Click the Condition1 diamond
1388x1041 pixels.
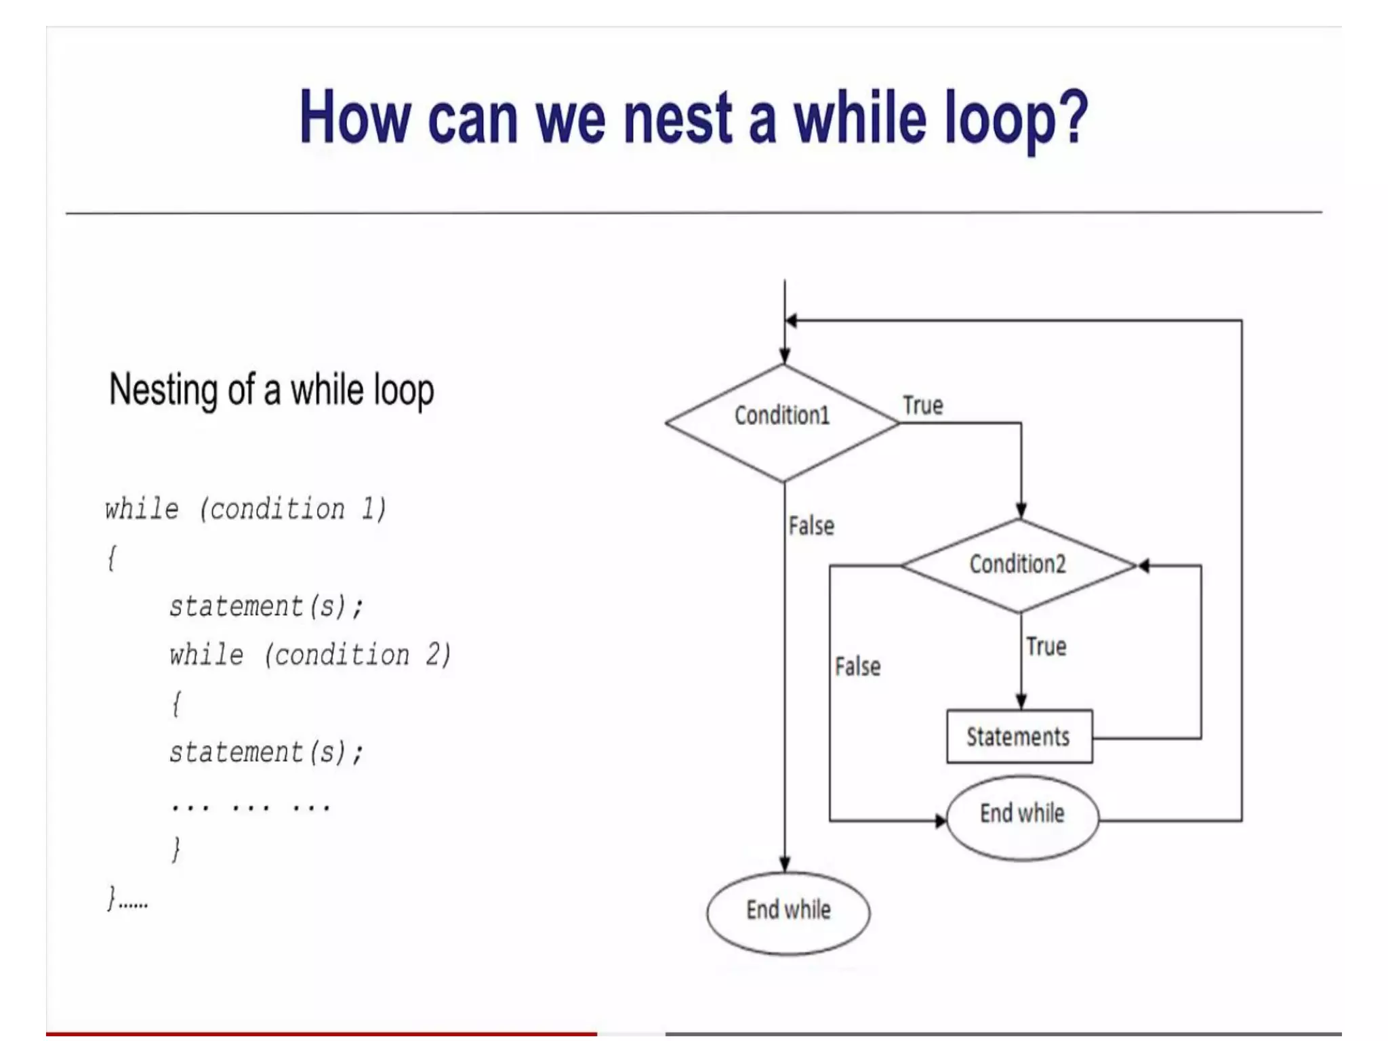pos(783,422)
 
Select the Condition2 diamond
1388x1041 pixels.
pos(1019,565)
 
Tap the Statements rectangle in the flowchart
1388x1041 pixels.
pos(1019,737)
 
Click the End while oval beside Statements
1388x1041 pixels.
pos(1022,818)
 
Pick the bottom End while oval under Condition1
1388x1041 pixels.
pos(788,912)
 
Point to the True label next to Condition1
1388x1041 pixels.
pos(922,405)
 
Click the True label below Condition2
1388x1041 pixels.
pos(1046,647)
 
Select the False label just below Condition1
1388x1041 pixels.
pos(811,526)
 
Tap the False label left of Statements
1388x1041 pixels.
pos(857,667)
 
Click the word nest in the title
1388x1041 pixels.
pos(678,119)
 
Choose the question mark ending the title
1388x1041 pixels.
pos(1074,119)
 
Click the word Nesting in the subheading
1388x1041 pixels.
pos(163,391)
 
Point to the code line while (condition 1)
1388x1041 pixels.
pos(245,509)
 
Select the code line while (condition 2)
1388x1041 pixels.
pos(310,655)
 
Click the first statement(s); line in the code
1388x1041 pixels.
pos(266,607)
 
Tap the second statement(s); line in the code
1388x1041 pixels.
pos(266,753)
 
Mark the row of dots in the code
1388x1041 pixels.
pos(250,807)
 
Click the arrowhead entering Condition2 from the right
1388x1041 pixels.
pos(1143,565)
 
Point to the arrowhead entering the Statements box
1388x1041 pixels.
pos(1021,702)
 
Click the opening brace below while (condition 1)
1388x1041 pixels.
pos(112,558)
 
